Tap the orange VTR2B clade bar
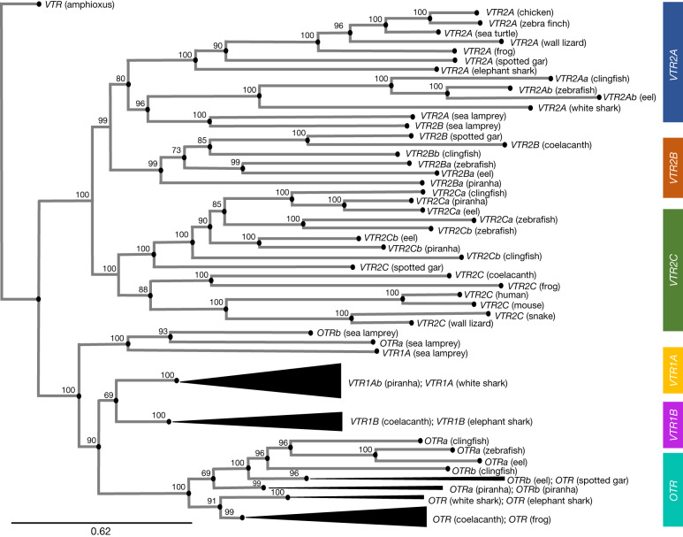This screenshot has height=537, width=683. click(672, 166)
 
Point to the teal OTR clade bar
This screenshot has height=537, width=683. click(672, 492)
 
